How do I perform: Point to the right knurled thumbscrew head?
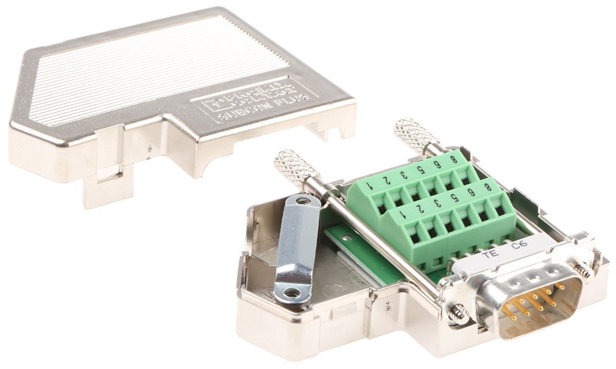click(x=416, y=134)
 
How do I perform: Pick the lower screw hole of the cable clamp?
click(x=292, y=292)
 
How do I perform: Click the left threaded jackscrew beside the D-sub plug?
click(x=458, y=312)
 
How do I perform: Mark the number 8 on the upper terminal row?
click(x=454, y=158)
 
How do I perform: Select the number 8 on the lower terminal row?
click(x=486, y=187)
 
